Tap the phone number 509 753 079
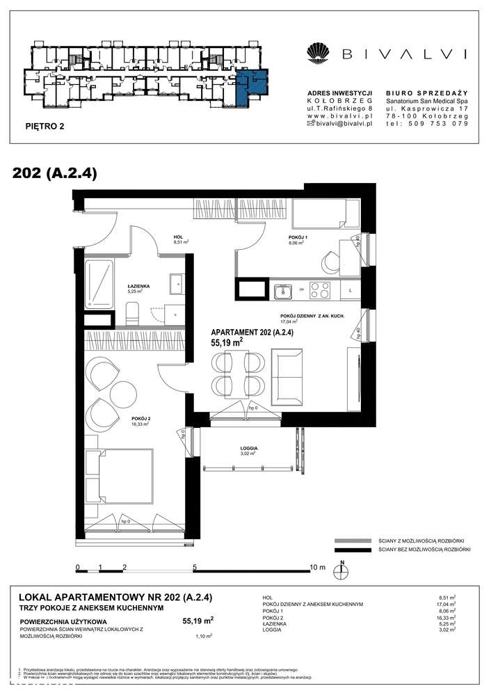(445, 123)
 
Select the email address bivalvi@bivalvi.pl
(346, 123)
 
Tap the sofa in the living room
(287, 373)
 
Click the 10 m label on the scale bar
(317, 568)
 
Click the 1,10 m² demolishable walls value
(203, 635)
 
